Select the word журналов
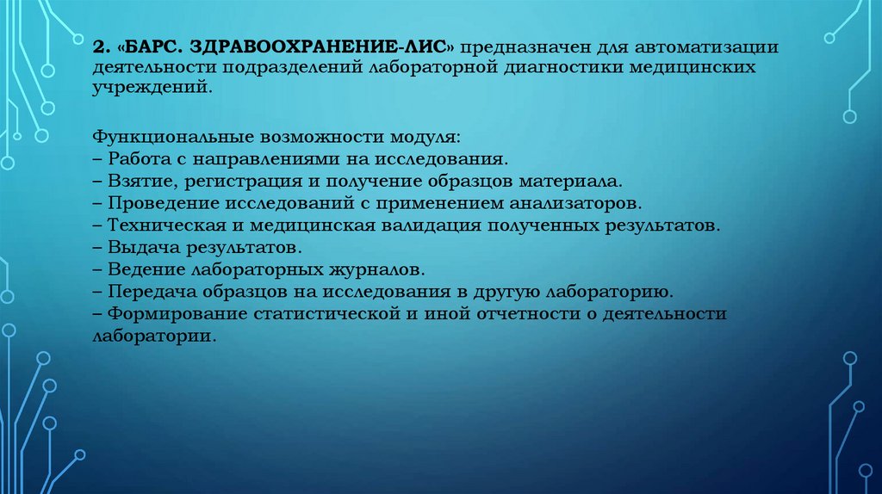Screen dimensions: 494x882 (376, 269)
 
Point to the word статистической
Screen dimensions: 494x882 (326, 313)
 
